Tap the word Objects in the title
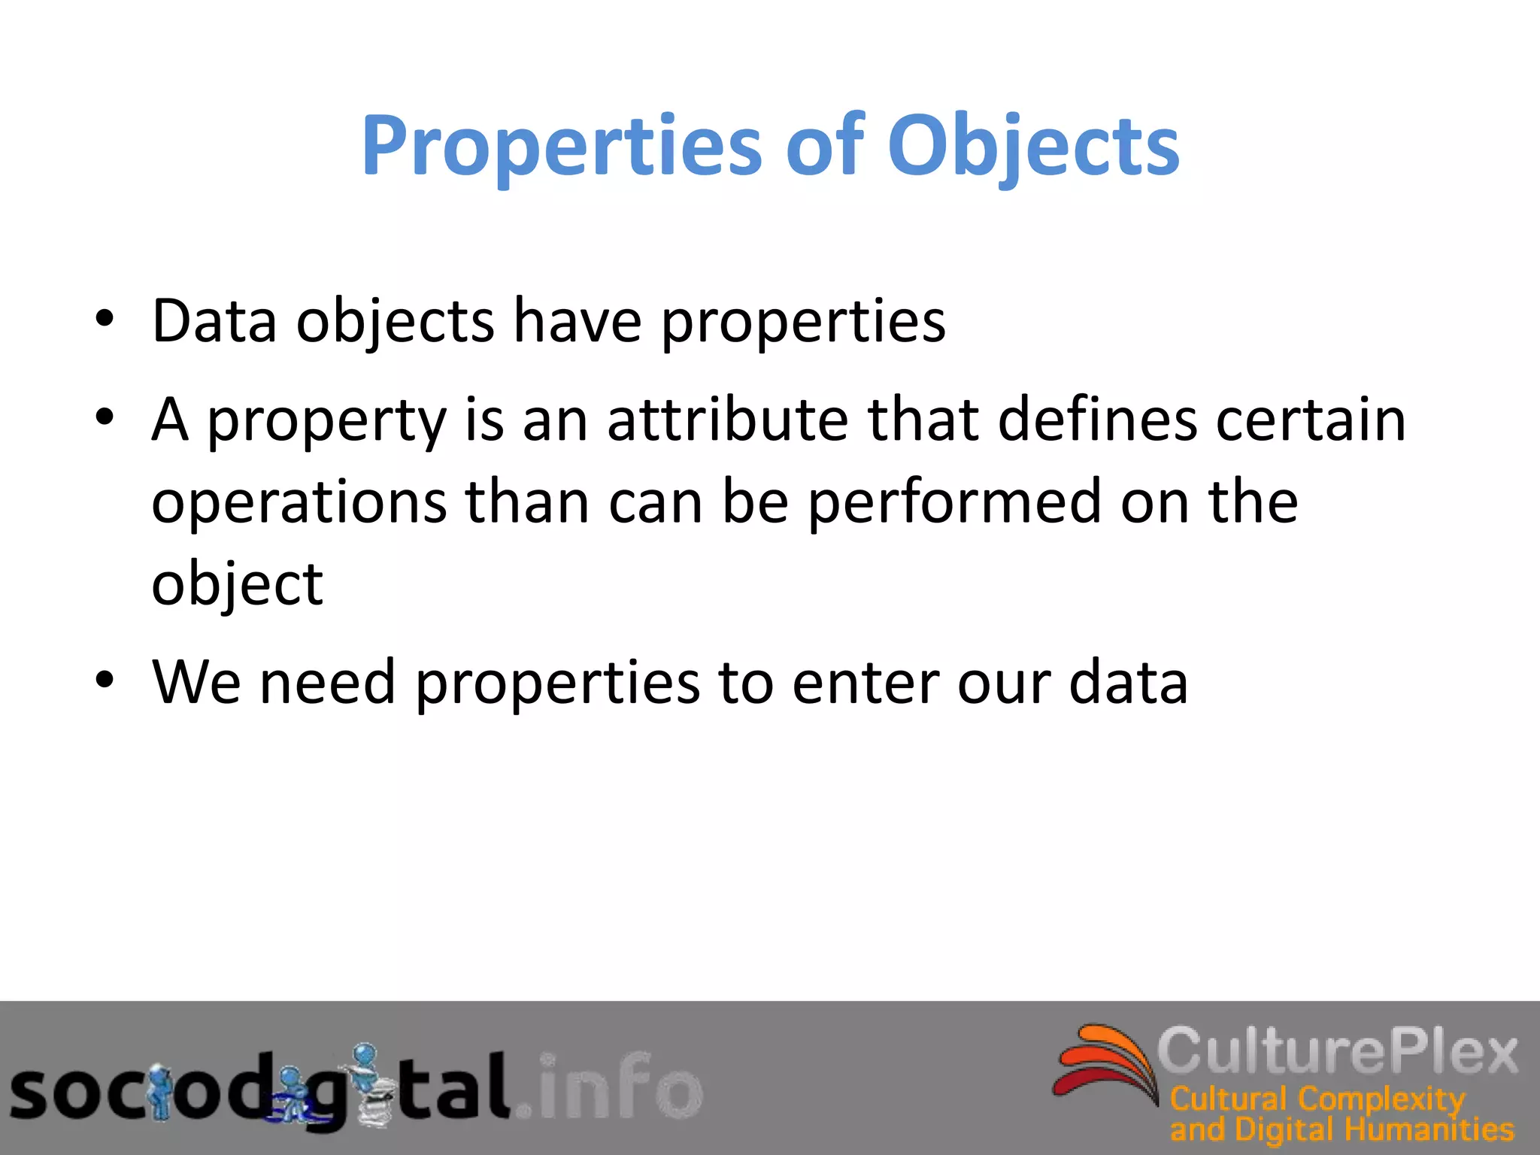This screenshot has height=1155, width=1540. point(1033,147)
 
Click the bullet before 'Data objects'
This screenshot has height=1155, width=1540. point(105,320)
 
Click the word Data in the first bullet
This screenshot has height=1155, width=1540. point(214,321)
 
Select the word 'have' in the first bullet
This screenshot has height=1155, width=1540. point(577,321)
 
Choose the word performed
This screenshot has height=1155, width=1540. point(954,502)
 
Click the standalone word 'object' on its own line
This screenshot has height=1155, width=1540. point(237,585)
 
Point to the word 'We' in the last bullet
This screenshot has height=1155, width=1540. point(196,682)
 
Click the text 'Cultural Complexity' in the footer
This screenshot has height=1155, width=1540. point(1317,1100)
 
